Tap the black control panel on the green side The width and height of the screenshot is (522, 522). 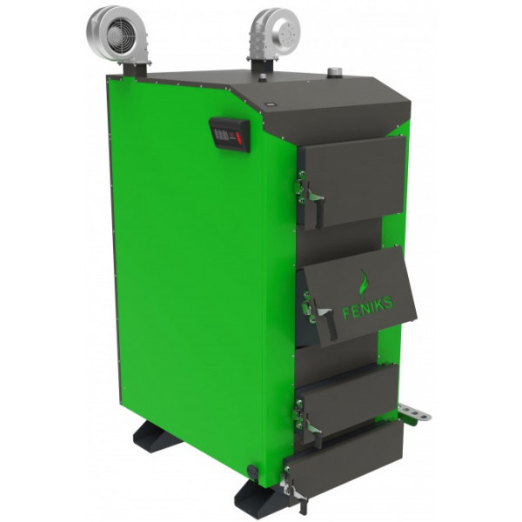(x=230, y=135)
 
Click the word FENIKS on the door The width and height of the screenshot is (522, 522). (x=367, y=309)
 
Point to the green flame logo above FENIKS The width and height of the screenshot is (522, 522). (x=364, y=283)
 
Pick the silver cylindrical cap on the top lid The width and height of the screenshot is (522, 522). (x=333, y=73)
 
